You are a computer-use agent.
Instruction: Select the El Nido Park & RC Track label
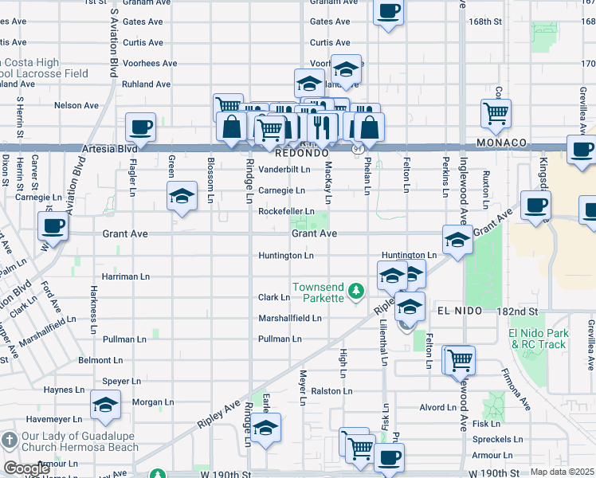pyautogui.click(x=539, y=339)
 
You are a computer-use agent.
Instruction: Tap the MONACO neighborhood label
pyautogui.click(x=503, y=142)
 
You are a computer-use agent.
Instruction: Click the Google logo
pyautogui.click(x=26, y=468)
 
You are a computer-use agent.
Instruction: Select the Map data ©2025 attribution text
pyautogui.click(x=562, y=472)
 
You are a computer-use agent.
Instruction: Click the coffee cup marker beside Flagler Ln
pyautogui.click(x=140, y=127)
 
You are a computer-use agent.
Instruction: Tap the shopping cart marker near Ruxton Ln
pyautogui.click(x=496, y=113)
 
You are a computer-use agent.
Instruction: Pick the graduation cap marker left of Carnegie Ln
pyautogui.click(x=182, y=195)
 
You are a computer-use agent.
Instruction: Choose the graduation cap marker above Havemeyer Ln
pyautogui.click(x=105, y=405)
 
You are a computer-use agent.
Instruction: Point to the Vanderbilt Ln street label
pyautogui.click(x=284, y=170)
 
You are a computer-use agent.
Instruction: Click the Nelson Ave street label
pyautogui.click(x=76, y=105)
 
